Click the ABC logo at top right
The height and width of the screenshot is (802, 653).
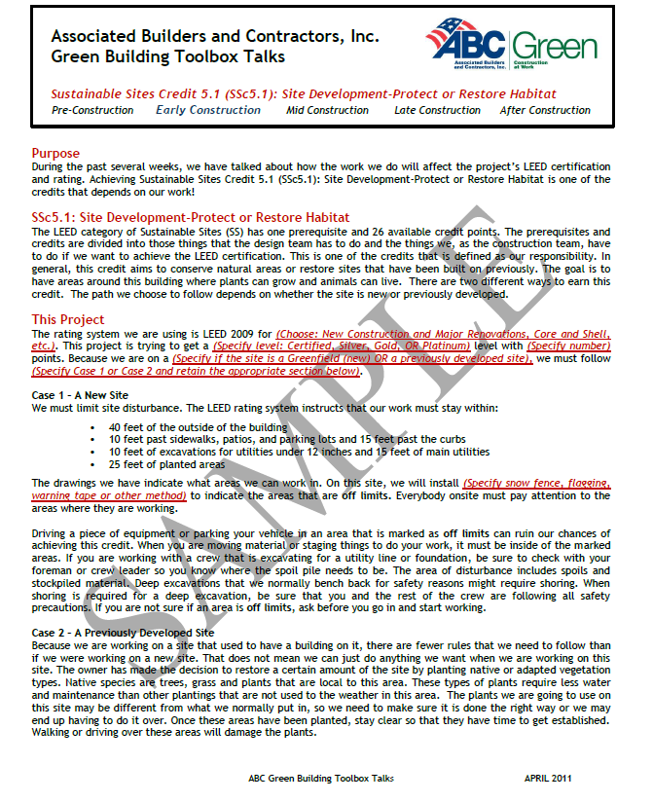point(465,45)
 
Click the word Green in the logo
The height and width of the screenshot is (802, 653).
point(555,46)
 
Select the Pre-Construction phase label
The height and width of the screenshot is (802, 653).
point(92,110)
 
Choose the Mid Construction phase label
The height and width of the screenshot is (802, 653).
point(327,110)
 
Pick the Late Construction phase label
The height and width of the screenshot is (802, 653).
point(437,110)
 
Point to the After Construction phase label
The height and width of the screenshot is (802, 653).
point(545,110)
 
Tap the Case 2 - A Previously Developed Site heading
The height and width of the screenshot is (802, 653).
point(123,633)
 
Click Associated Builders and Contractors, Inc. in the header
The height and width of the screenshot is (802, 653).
point(215,36)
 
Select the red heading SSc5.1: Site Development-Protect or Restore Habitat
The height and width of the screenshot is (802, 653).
point(190,216)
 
